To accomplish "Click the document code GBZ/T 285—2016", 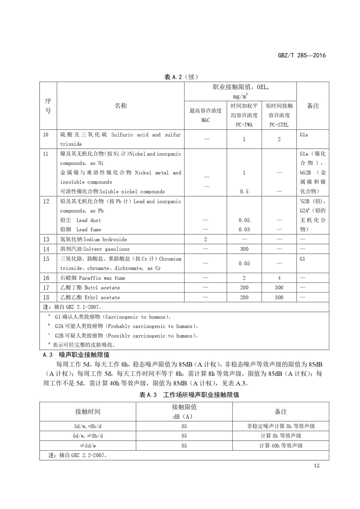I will pos(302,55).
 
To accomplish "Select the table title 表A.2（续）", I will pos(181,77).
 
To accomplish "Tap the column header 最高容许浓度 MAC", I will pos(205,115).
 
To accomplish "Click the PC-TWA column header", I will pos(244,115).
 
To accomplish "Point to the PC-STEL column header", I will pos(279,115).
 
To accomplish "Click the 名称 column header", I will pos(121,106).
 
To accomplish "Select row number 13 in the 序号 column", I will pos(46,239).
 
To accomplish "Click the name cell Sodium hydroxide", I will pos(93,239).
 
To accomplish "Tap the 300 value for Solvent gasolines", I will pos(244,249).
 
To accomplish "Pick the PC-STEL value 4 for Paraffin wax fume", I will pos(279,278).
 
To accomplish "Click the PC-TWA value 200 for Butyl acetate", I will pos(244,288).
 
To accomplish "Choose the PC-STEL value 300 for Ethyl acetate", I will pos(279,297).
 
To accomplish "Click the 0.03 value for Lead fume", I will pos(244,229).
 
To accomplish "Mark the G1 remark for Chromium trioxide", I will pos(302,259).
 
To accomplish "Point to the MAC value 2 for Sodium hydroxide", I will pos(205,239).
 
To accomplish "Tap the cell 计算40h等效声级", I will pos(281,446).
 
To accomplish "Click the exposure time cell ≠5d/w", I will pos(88,446).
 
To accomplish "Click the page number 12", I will pos(316,465).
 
